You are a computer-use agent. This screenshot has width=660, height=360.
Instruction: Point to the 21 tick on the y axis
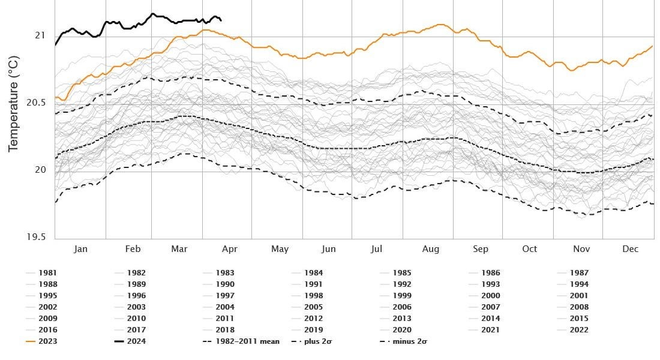pyautogui.click(x=40, y=35)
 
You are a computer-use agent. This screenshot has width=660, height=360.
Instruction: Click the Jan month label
pyautogui.click(x=80, y=249)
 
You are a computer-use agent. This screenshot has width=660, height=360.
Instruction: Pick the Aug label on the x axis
pyautogui.click(x=431, y=249)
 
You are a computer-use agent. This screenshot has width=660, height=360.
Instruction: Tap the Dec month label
pyautogui.click(x=630, y=249)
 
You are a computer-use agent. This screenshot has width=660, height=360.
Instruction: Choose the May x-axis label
pyautogui.click(x=280, y=249)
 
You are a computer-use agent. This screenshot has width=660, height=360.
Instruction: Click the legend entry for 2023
pyautogui.click(x=47, y=341)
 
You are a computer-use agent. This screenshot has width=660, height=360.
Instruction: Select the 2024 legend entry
pyautogui.click(x=136, y=341)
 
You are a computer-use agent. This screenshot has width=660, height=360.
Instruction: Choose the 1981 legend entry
pyautogui.click(x=47, y=273)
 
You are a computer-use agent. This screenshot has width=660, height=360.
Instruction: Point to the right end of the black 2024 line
pyautogui.click(x=221, y=20)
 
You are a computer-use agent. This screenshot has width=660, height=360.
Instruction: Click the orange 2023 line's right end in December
pyautogui.click(x=652, y=46)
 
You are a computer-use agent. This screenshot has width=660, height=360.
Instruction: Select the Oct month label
pyautogui.click(x=529, y=249)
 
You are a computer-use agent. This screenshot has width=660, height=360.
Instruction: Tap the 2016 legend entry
pyautogui.click(x=47, y=329)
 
